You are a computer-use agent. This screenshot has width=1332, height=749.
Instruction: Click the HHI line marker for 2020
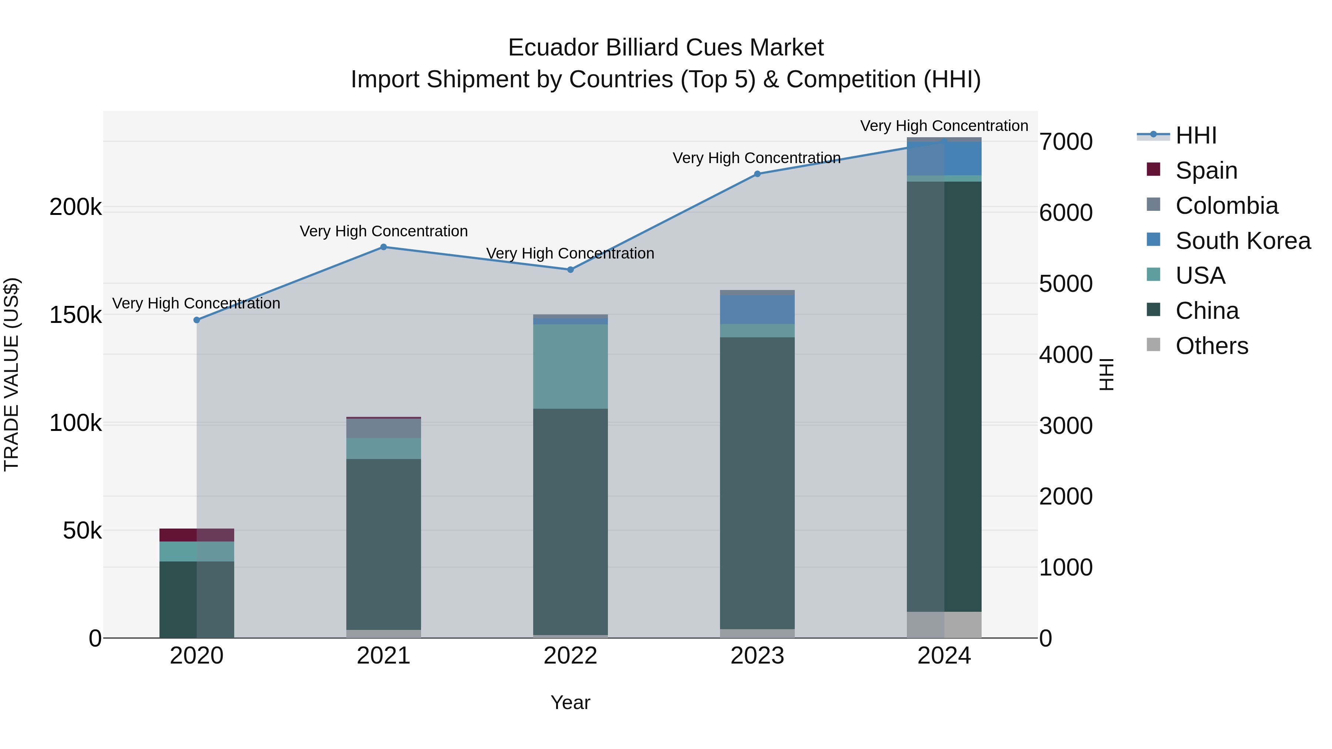click(x=196, y=320)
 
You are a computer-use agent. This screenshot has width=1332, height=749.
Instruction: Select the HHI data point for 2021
click(x=384, y=247)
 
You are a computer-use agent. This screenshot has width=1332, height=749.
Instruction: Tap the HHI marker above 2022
click(x=570, y=269)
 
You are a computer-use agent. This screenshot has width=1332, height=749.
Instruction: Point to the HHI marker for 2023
click(x=757, y=174)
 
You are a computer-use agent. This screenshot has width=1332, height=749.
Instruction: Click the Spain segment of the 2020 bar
click(x=196, y=535)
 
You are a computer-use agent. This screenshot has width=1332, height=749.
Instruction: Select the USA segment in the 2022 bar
click(x=570, y=367)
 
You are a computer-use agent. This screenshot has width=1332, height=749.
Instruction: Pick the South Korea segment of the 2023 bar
click(x=757, y=310)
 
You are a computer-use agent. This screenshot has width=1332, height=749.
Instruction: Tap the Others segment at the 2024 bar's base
click(x=944, y=625)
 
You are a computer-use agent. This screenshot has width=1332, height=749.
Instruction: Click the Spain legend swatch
click(x=1154, y=169)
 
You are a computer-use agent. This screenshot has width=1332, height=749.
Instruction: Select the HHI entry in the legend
click(x=1195, y=135)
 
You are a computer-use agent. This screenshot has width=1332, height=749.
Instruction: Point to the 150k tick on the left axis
click(x=75, y=315)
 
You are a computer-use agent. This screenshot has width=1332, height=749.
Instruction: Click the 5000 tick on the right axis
click(x=1066, y=284)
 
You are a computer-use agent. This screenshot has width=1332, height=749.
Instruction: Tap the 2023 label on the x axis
click(x=757, y=656)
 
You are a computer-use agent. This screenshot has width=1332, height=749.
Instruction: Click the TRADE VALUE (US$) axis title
click(x=11, y=374)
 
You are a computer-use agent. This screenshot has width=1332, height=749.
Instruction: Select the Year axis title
click(x=570, y=702)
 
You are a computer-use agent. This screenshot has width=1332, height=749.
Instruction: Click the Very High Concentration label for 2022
click(x=570, y=253)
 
